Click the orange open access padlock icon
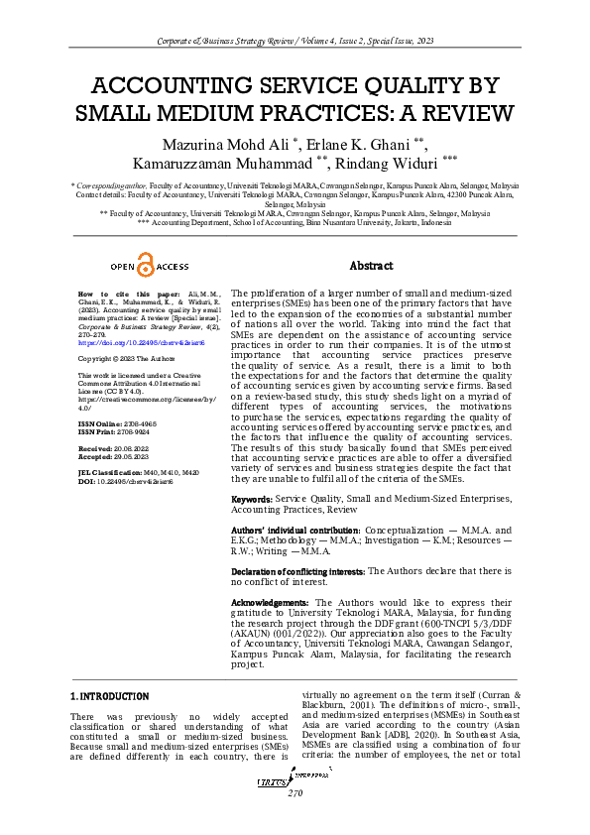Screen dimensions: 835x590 click(x=145, y=266)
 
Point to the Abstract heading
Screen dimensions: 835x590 click(x=373, y=266)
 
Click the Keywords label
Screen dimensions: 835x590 click(x=251, y=498)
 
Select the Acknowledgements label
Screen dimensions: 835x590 click(x=271, y=602)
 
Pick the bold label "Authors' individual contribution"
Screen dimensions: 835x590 click(x=295, y=532)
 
